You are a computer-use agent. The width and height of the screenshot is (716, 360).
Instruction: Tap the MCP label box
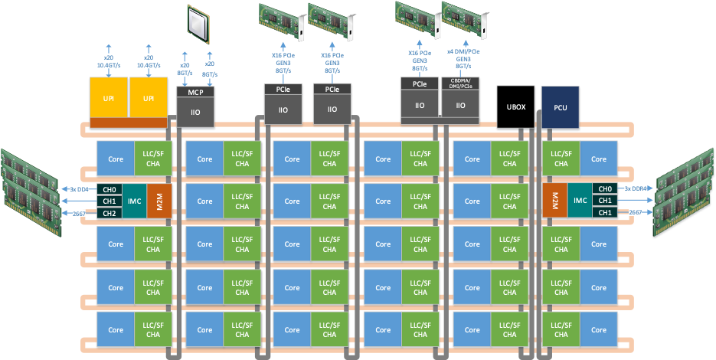point(195,92)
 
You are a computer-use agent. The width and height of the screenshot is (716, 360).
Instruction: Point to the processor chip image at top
point(198,24)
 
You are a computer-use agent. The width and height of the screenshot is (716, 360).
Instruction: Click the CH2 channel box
point(110,213)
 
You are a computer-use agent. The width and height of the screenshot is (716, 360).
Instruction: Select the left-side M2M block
point(159,201)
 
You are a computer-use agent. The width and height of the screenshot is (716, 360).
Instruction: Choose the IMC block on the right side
point(580,201)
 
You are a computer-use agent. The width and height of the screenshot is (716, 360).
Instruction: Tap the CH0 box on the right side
point(605,188)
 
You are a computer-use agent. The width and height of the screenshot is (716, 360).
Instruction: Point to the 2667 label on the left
point(77,213)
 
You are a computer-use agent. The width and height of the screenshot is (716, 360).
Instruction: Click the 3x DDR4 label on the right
point(634,188)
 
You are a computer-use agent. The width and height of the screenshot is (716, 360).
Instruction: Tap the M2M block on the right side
point(554,201)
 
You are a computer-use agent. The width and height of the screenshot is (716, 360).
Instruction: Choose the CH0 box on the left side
point(110,188)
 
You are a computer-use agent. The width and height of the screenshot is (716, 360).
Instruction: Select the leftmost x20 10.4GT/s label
point(107,61)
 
